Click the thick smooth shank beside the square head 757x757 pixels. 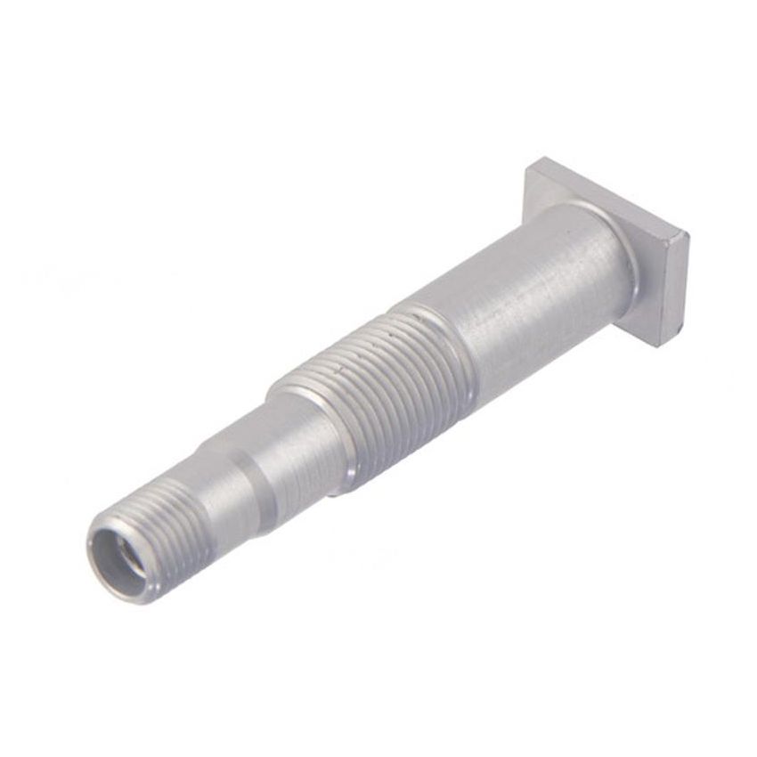click(534, 285)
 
